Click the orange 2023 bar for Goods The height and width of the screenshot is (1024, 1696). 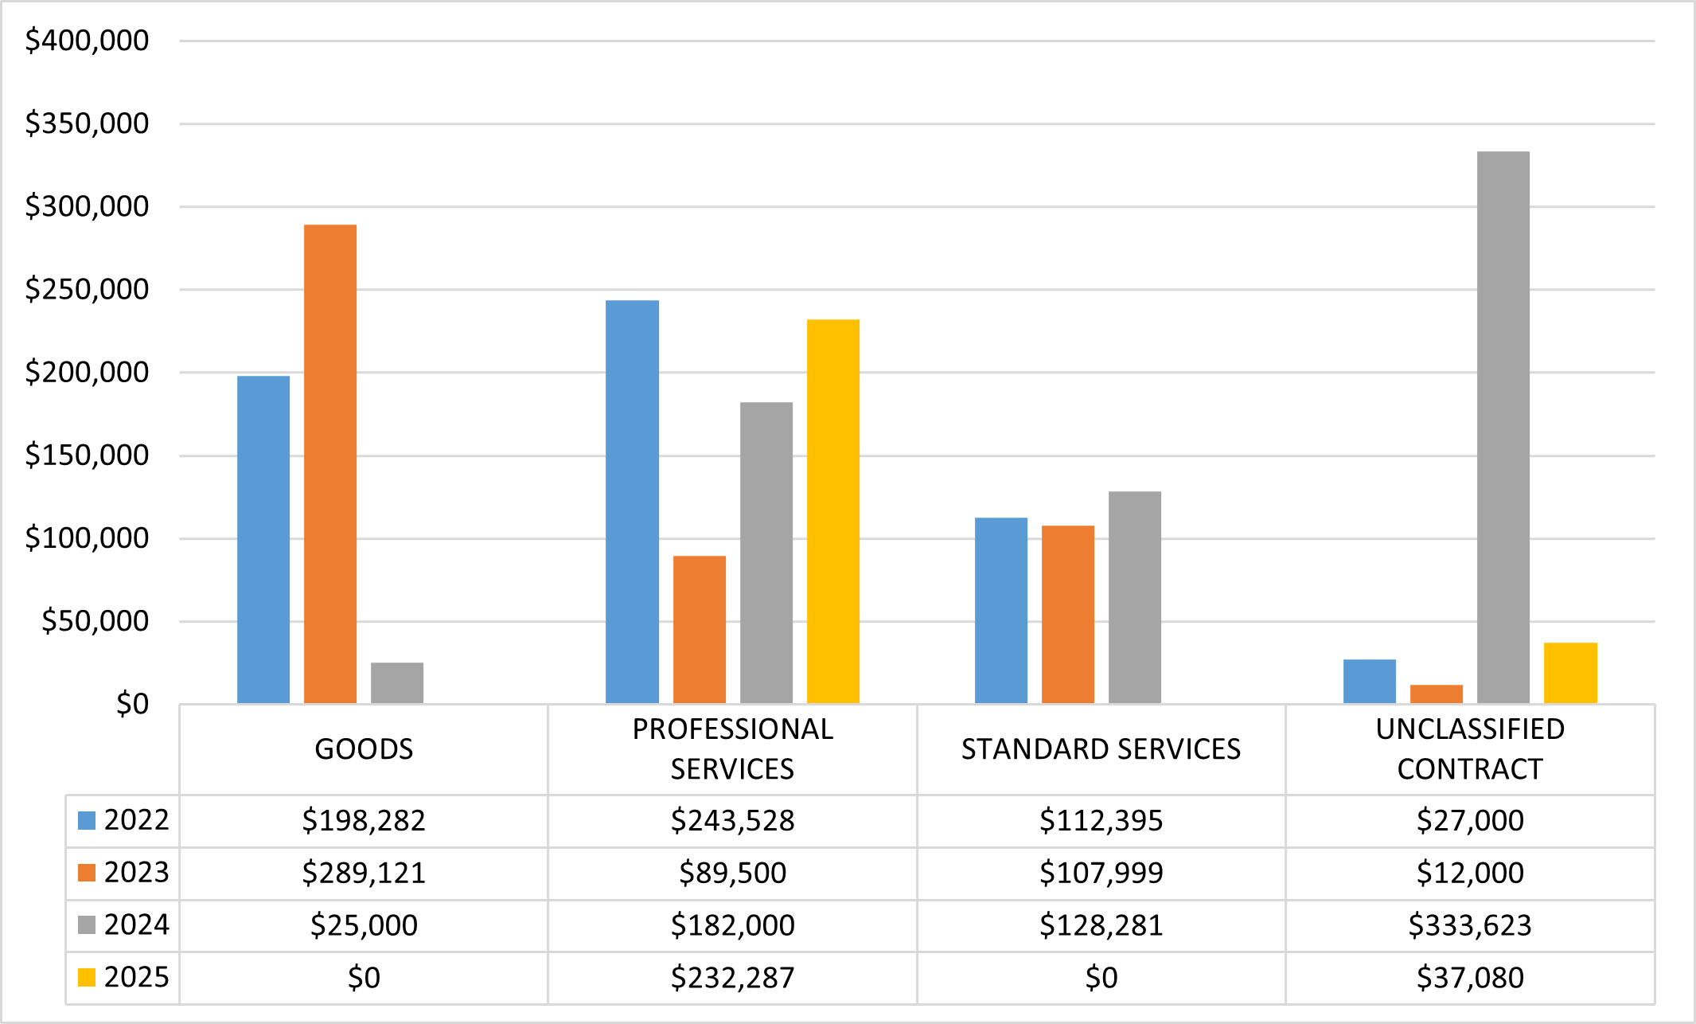(x=330, y=463)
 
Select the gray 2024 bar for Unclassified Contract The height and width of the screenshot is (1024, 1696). (x=1503, y=427)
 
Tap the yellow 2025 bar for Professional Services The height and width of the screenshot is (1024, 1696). (x=832, y=511)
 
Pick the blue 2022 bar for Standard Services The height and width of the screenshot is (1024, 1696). (x=1000, y=610)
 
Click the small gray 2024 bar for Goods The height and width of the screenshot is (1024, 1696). (x=397, y=683)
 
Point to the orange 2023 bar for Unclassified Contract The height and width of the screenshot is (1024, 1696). (x=1436, y=694)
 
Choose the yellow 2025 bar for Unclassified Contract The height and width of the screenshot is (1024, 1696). (x=1569, y=673)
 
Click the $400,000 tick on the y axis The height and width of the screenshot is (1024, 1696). (x=87, y=41)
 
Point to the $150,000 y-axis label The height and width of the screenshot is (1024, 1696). (x=87, y=455)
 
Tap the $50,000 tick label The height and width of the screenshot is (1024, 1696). (x=95, y=621)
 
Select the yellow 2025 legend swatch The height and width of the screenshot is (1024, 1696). (x=87, y=977)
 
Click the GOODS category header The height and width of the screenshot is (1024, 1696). (x=364, y=749)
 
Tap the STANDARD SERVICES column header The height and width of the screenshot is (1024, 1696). (x=1101, y=749)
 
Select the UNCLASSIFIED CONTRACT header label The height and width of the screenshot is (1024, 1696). (x=1469, y=748)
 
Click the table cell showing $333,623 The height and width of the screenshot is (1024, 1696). (x=1469, y=925)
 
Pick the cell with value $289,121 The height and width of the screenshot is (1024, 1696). (x=364, y=873)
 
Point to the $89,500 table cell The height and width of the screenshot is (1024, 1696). (x=732, y=873)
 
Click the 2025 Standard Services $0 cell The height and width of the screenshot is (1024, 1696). (x=1101, y=978)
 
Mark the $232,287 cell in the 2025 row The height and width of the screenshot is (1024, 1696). (x=732, y=978)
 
